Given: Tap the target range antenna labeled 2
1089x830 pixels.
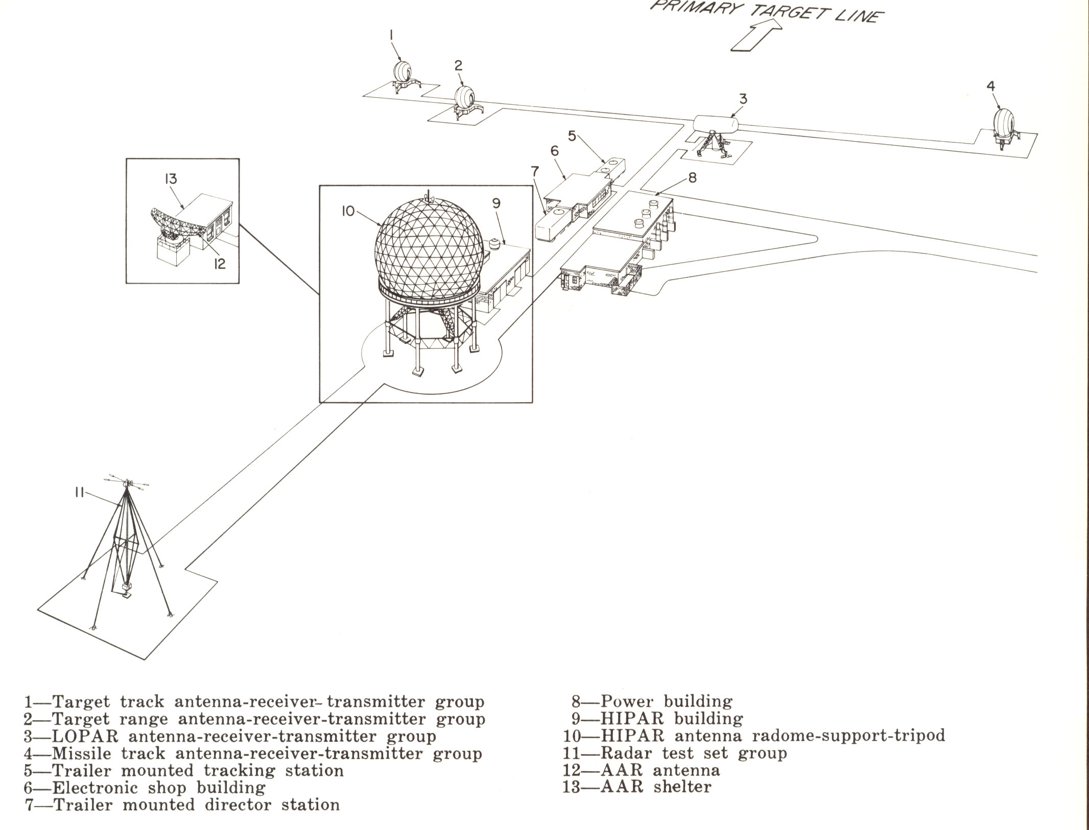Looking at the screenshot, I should click(465, 97).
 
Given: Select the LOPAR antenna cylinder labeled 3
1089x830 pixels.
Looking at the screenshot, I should click(716, 124).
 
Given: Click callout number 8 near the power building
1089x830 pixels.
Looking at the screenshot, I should click(692, 177).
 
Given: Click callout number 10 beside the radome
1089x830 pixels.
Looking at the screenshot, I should click(348, 211).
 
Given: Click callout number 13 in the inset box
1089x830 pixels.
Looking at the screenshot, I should click(171, 179).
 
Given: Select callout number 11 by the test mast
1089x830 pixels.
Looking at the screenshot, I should click(79, 493).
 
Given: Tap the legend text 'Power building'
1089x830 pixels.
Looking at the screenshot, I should click(666, 701).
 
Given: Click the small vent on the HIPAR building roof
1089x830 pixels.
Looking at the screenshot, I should click(495, 244).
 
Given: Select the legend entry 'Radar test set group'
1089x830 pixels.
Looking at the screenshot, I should click(694, 753).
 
